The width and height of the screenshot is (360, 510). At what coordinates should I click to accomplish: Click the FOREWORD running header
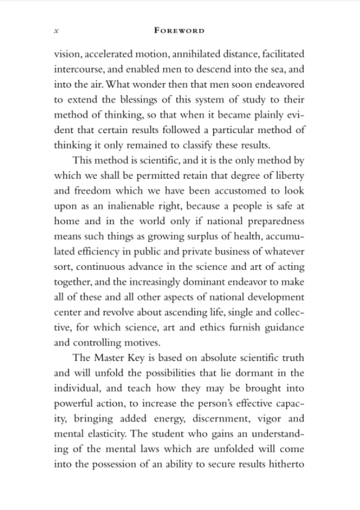tap(180, 30)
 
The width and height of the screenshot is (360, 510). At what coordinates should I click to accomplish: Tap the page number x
tap(56, 30)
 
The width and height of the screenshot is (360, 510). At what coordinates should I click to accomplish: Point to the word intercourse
tap(79, 70)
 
